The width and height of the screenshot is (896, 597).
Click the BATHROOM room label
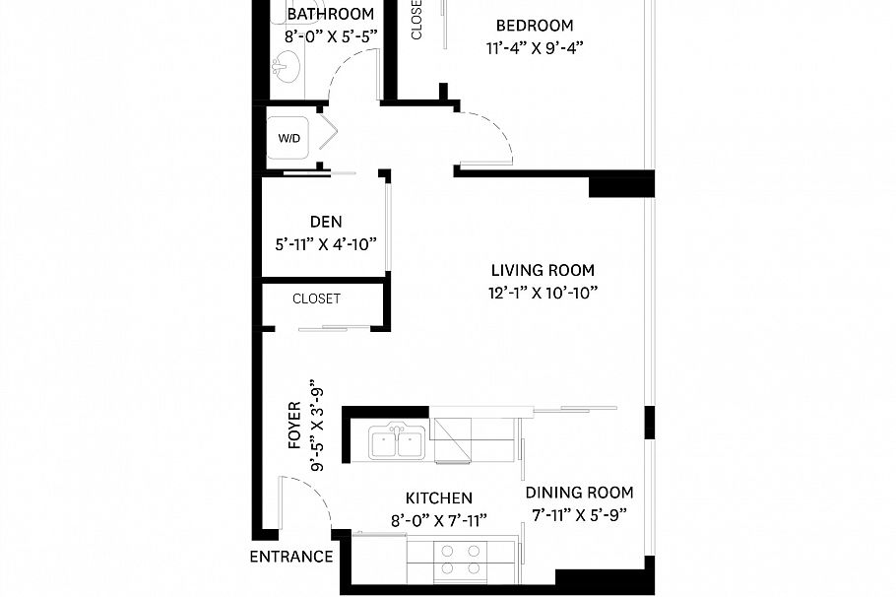[330, 14]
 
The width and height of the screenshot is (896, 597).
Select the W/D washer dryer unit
[288, 138]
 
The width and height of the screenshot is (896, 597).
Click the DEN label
[326, 222]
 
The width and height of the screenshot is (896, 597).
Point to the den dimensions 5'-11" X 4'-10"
[326, 244]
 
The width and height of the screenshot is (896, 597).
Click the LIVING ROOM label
[543, 270]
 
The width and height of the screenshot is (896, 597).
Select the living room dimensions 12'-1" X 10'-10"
[543, 293]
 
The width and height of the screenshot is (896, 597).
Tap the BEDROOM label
[535, 26]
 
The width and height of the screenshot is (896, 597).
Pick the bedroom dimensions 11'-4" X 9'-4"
[535, 48]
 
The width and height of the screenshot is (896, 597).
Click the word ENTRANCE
[291, 557]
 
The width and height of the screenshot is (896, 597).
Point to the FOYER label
[294, 425]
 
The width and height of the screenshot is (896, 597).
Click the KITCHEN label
[439, 498]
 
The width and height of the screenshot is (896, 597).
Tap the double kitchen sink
[397, 441]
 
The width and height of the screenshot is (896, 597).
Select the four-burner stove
[461, 560]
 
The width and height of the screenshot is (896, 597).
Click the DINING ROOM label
[579, 493]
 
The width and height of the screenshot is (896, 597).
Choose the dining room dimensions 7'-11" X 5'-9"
[579, 515]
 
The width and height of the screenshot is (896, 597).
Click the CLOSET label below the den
[317, 298]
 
